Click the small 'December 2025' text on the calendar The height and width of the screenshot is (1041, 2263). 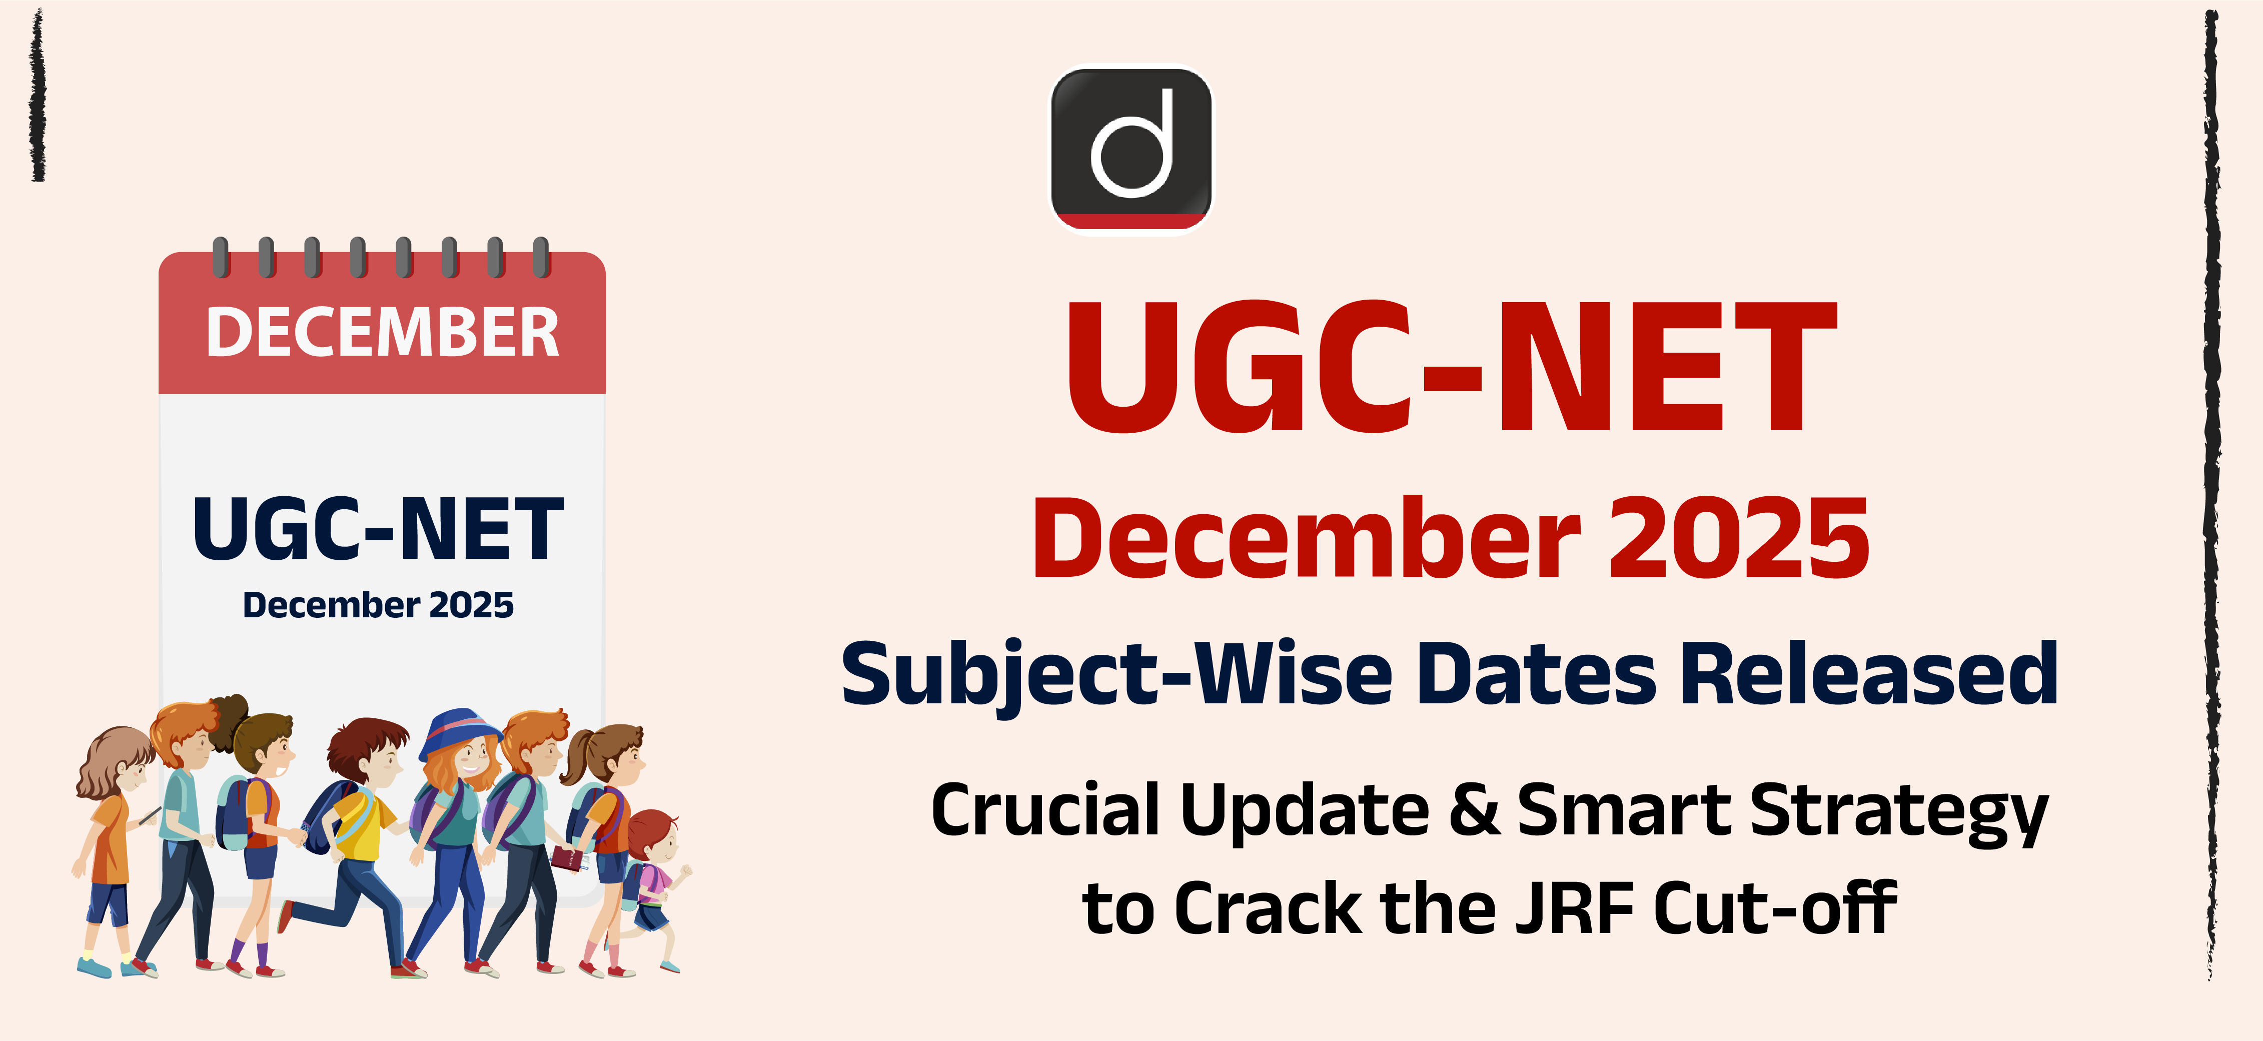click(x=378, y=604)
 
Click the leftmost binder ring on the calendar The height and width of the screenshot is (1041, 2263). click(x=222, y=257)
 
